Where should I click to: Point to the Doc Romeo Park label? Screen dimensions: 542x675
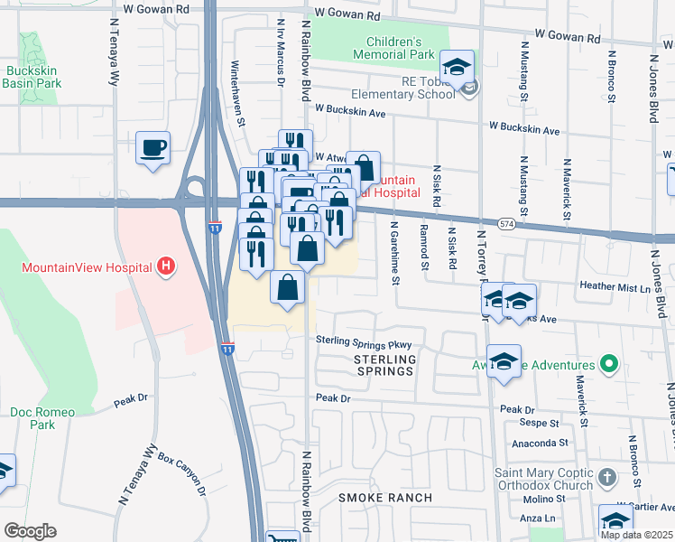point(32,418)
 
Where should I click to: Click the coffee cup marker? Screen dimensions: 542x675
point(153,147)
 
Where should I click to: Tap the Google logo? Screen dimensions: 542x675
point(30,531)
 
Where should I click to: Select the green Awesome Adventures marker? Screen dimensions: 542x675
point(609,366)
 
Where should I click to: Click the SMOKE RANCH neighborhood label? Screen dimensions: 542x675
point(384,498)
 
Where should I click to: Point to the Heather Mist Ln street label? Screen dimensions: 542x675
point(614,288)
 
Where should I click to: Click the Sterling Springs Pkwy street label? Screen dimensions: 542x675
point(363,343)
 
